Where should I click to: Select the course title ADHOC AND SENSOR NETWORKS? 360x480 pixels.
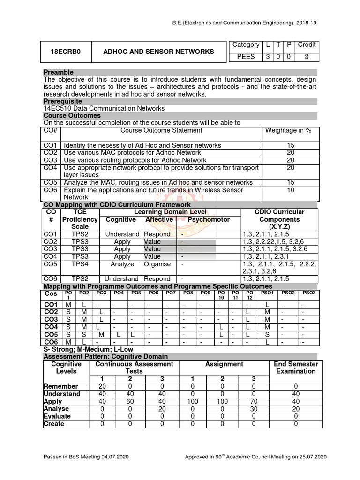158,52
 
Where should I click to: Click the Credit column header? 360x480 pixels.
307,45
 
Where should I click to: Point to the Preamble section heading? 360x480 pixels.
58,72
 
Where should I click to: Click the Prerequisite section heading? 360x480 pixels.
62,101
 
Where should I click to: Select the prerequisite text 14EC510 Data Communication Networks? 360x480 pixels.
104,108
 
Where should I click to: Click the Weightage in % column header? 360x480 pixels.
288,130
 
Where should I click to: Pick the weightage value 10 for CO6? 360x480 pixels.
290,190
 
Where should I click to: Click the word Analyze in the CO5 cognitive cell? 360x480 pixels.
122,264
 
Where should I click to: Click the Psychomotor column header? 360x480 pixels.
209,219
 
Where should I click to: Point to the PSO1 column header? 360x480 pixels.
267,293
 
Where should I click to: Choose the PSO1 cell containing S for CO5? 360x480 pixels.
267,335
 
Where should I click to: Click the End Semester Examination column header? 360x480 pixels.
296,367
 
